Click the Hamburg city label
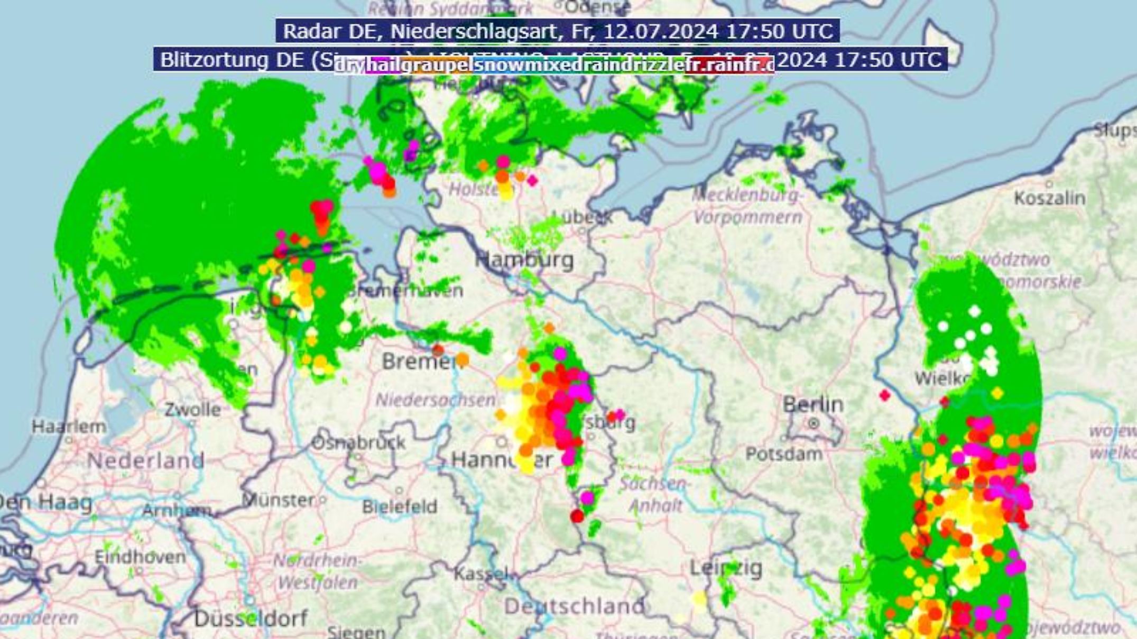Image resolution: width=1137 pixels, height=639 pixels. click(524, 260)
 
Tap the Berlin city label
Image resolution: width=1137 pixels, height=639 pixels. click(813, 405)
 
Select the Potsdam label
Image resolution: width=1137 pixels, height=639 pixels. click(783, 453)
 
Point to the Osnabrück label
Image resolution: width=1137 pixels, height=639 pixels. click(358, 442)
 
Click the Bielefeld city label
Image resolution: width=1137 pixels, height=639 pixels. click(400, 507)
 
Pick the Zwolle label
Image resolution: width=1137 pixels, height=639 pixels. click(192, 410)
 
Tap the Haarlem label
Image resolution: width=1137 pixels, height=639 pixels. click(69, 427)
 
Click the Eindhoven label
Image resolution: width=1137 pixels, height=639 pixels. click(140, 557)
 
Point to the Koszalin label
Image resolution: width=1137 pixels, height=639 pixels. click(1049, 198)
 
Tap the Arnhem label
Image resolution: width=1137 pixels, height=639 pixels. click(177, 511)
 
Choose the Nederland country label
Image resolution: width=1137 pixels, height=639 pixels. click(145, 460)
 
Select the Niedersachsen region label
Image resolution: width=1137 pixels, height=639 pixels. click(435, 400)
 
